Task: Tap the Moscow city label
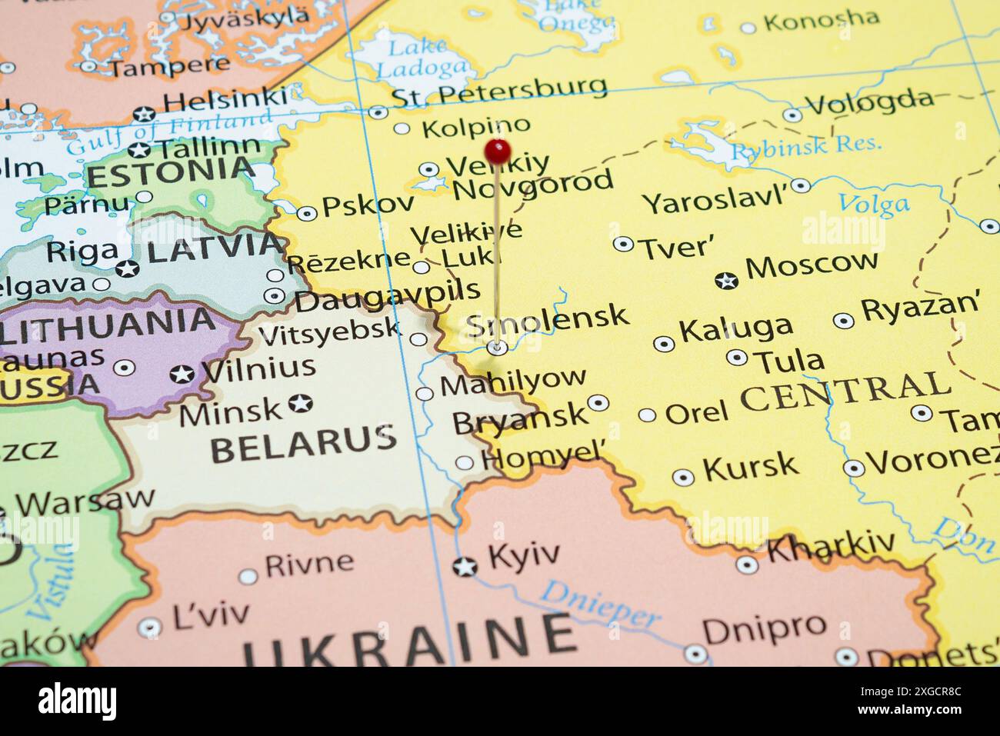point(811,264)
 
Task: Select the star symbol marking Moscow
point(726,281)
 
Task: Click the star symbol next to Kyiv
point(465,567)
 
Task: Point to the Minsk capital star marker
point(300,402)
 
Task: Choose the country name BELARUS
point(303,444)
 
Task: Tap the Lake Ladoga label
point(421,58)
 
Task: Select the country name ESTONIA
point(170,172)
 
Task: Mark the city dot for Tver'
point(623,244)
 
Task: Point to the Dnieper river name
point(600,604)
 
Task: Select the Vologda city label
point(869,101)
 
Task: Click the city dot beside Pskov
point(307,213)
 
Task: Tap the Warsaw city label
point(85,501)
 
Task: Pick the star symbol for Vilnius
point(182,374)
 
